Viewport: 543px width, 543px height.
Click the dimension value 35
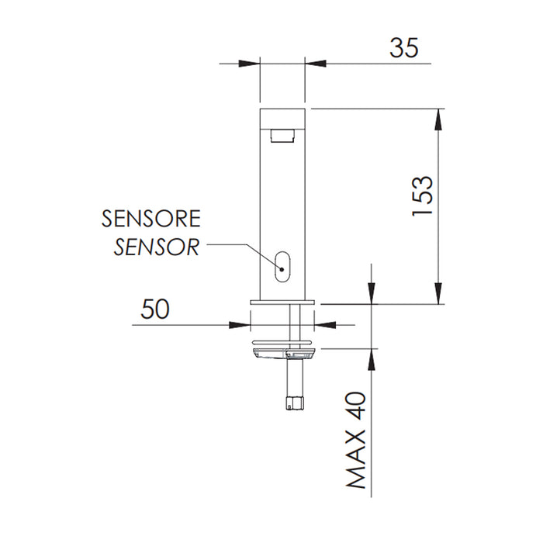click(403, 47)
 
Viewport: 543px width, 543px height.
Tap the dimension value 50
click(155, 308)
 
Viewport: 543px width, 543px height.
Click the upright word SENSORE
click(151, 218)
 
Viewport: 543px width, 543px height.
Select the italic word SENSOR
click(157, 247)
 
